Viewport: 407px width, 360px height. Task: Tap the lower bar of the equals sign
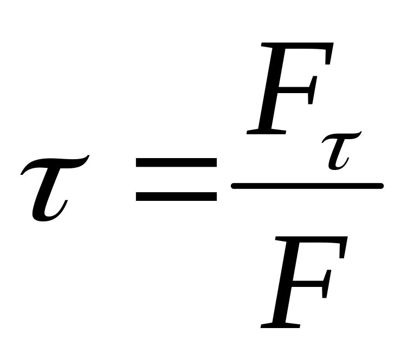click(x=176, y=196)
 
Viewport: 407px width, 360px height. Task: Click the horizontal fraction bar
click(x=307, y=186)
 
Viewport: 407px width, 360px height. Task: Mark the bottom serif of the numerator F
click(x=266, y=131)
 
